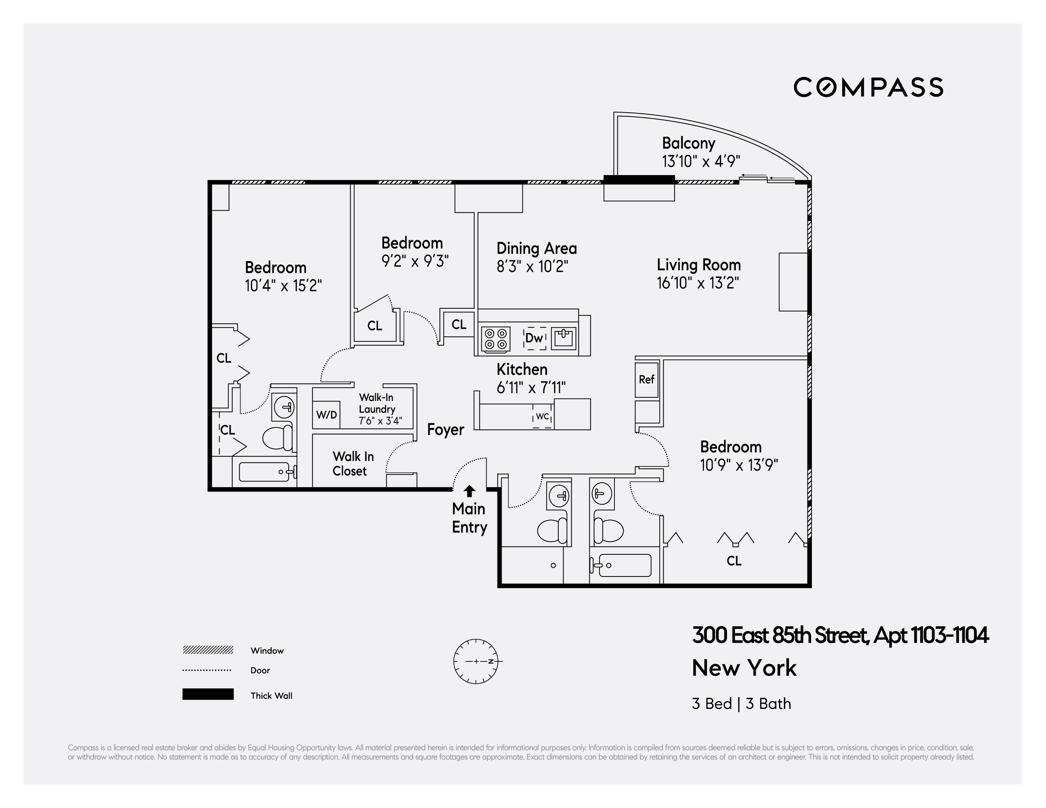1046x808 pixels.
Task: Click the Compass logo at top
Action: click(868, 87)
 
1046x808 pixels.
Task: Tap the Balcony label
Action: click(688, 143)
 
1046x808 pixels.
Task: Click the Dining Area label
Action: click(536, 248)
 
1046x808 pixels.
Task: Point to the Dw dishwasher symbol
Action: click(534, 338)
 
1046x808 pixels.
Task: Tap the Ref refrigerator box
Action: click(646, 379)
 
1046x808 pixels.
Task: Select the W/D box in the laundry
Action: click(326, 415)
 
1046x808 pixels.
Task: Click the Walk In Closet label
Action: click(353, 463)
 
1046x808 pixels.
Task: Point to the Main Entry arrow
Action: click(469, 491)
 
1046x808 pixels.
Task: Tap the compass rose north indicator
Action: click(491, 661)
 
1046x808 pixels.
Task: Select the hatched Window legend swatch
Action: click(208, 650)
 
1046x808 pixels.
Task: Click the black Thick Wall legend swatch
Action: click(208, 694)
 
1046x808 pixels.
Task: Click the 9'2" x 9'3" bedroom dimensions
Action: click(415, 261)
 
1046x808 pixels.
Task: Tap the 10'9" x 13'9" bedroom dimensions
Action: click(739, 465)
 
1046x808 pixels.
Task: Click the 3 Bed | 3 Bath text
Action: click(741, 704)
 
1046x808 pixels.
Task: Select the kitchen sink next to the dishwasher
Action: click(563, 338)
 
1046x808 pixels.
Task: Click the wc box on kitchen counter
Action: click(542, 417)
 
